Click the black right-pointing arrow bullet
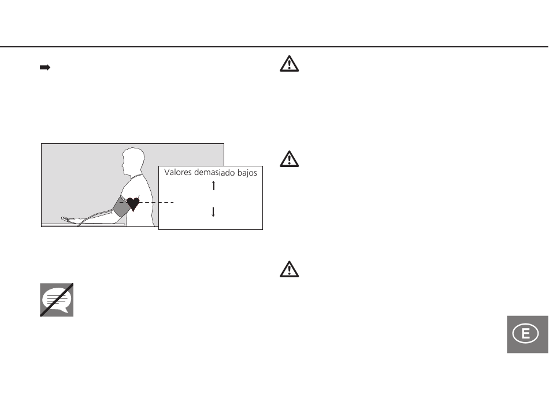pyautogui.click(x=44, y=68)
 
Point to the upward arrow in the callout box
pyautogui.click(x=213, y=185)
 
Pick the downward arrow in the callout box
pyautogui.click(x=213, y=211)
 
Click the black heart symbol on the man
pyautogui.click(x=133, y=203)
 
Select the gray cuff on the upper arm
pyautogui.click(x=120, y=207)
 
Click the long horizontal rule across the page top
pyautogui.click(x=274, y=47)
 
